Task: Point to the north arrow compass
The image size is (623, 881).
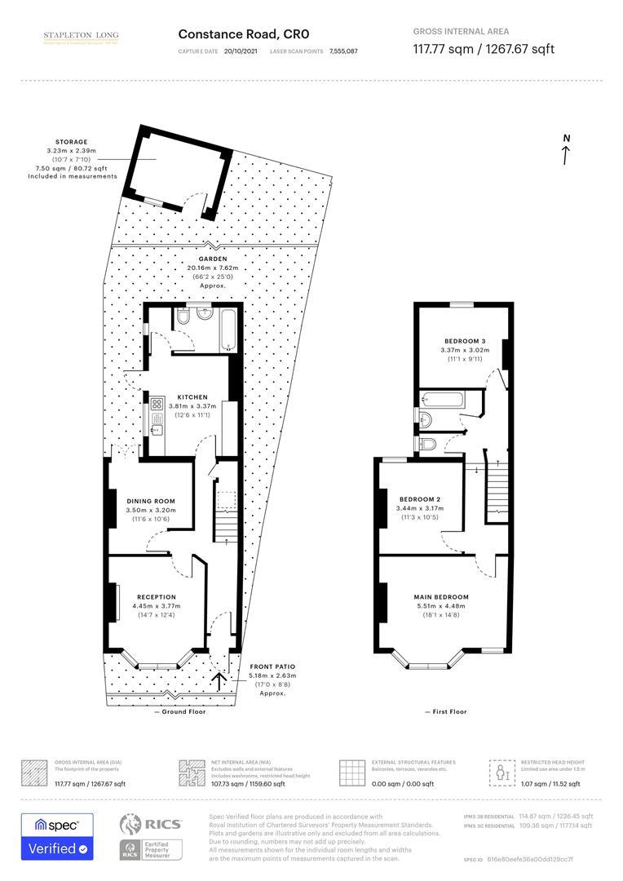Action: pos(566,149)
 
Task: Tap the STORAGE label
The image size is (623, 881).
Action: pos(72,142)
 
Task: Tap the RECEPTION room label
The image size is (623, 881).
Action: pos(157,596)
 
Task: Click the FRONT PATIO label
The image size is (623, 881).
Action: pos(272,667)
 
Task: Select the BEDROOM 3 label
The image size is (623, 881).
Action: pos(465,341)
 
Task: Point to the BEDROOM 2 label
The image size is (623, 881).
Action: pos(420,498)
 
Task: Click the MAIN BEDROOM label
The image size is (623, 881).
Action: pos(440,597)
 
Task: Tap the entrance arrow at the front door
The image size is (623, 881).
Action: pos(219,680)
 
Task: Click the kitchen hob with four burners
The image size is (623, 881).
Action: pos(155,402)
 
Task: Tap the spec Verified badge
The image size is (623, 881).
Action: pos(57,836)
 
